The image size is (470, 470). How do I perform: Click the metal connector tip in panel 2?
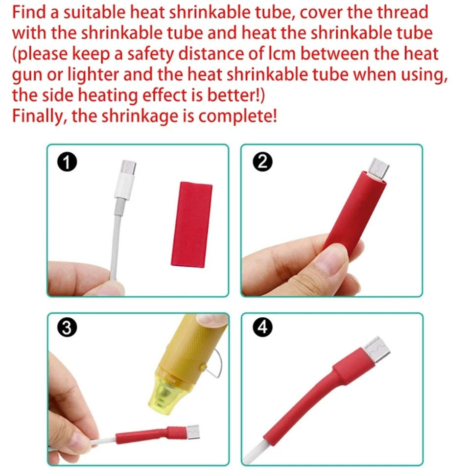click(379, 168)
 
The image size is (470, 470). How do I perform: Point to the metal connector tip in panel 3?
click(192, 431)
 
